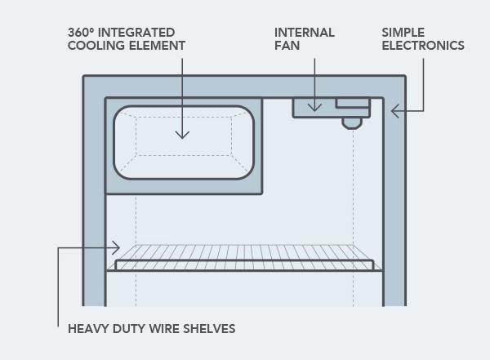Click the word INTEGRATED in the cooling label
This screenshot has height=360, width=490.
tap(136, 33)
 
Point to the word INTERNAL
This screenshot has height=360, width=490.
tap(305, 33)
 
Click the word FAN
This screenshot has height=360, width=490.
tap(287, 46)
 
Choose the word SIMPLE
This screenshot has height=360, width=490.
tap(403, 33)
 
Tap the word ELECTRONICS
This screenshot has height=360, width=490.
tap(423, 46)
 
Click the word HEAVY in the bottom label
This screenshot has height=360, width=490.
tap(88, 329)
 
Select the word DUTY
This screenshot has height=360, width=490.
tap(128, 329)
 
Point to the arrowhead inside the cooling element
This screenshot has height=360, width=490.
tap(182, 135)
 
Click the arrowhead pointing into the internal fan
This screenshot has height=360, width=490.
tap(314, 108)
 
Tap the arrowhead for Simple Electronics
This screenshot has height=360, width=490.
tap(394, 111)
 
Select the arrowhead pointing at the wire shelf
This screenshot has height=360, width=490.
tap(116, 248)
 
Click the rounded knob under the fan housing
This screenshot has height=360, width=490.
tap(352, 123)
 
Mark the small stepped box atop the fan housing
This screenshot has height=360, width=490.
tap(353, 104)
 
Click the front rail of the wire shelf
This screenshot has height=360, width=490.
tap(244, 265)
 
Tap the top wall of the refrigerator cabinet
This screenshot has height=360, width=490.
tap(244, 87)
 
